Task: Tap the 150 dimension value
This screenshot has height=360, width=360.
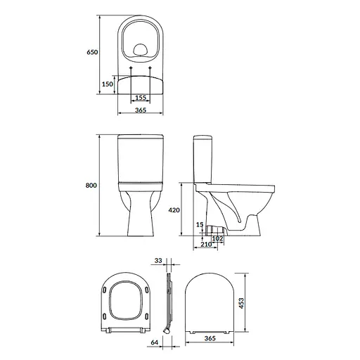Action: pos(108,84)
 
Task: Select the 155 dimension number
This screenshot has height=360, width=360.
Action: pos(140,98)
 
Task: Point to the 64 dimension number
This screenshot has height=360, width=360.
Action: pos(153,344)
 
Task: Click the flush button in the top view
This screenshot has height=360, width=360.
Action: pos(140,49)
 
